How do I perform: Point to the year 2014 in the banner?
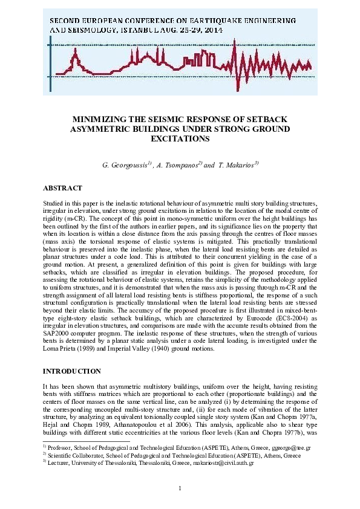[214, 30]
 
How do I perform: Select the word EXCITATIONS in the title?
[180, 138]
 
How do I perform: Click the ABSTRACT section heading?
[62, 187]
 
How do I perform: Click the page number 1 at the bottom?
[180, 488]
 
